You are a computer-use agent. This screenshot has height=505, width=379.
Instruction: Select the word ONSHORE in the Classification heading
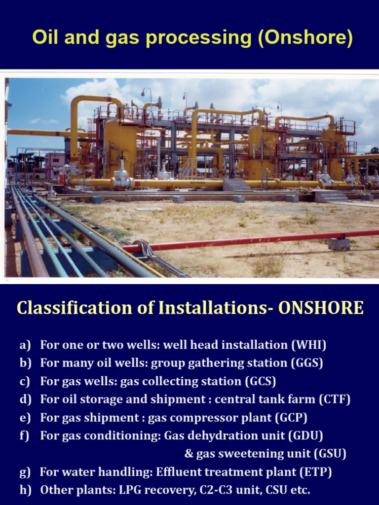(321, 308)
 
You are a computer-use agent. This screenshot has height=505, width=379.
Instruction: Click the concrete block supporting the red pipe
(339, 244)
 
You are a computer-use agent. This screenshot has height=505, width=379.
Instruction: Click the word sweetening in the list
(237, 454)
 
